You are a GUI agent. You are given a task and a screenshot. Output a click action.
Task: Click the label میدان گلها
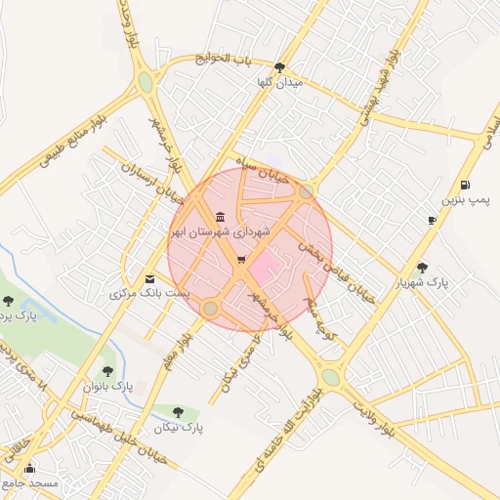click(280, 84)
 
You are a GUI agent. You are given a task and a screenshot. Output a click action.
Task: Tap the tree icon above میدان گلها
click(280, 67)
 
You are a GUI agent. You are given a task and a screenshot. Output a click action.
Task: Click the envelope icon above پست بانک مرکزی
click(148, 277)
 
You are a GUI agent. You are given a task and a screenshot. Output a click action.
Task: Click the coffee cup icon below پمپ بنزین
click(433, 221)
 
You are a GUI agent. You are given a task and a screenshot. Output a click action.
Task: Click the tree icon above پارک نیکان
click(178, 412)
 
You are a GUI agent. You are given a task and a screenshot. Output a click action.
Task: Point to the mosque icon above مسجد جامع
click(29, 468)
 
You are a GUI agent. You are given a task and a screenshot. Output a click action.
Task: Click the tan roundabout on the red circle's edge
click(210, 309)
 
